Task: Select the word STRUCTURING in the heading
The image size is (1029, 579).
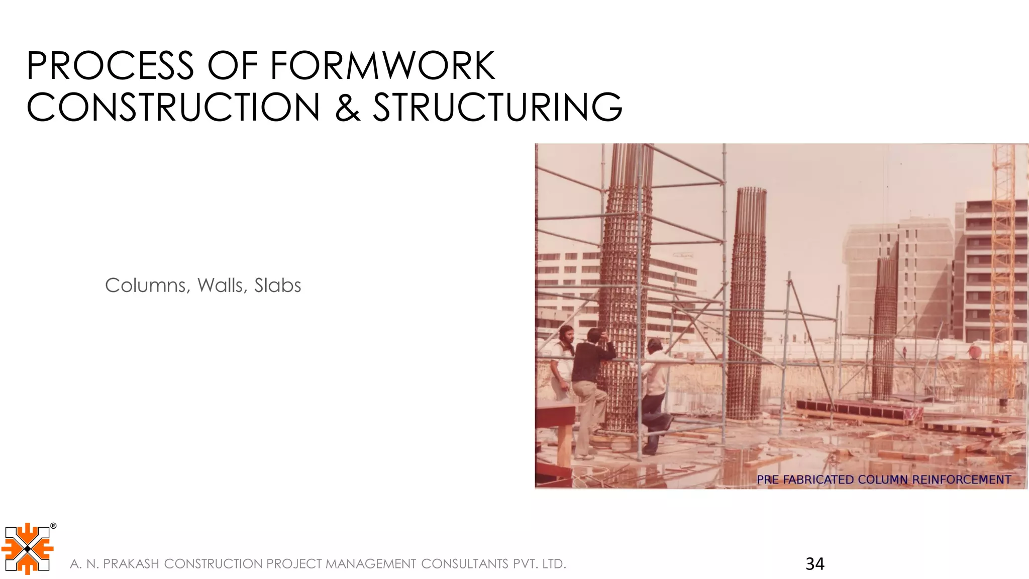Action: (497, 107)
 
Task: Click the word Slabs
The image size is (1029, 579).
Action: (277, 285)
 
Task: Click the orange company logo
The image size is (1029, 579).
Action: (27, 549)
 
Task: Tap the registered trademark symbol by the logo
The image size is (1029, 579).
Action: (53, 526)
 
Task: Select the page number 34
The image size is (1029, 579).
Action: (814, 564)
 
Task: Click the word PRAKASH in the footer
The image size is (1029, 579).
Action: (131, 564)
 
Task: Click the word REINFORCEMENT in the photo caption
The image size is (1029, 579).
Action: (961, 479)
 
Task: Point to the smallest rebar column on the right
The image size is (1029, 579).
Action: (885, 327)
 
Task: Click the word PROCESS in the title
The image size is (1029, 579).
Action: (110, 66)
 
